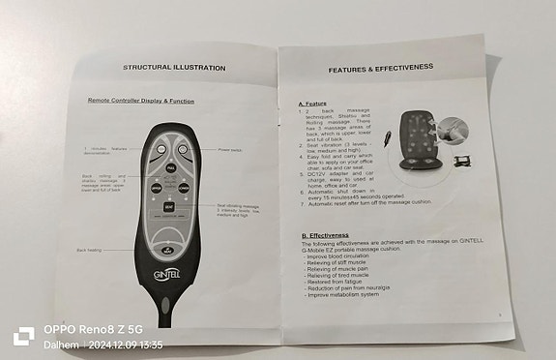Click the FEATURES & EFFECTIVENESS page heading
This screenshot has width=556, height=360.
click(377, 70)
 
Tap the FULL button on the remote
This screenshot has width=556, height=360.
click(170, 168)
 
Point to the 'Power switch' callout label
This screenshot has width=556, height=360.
click(230, 151)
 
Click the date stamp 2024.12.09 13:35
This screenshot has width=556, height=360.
click(125, 345)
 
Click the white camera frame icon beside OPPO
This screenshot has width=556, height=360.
click(24, 336)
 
